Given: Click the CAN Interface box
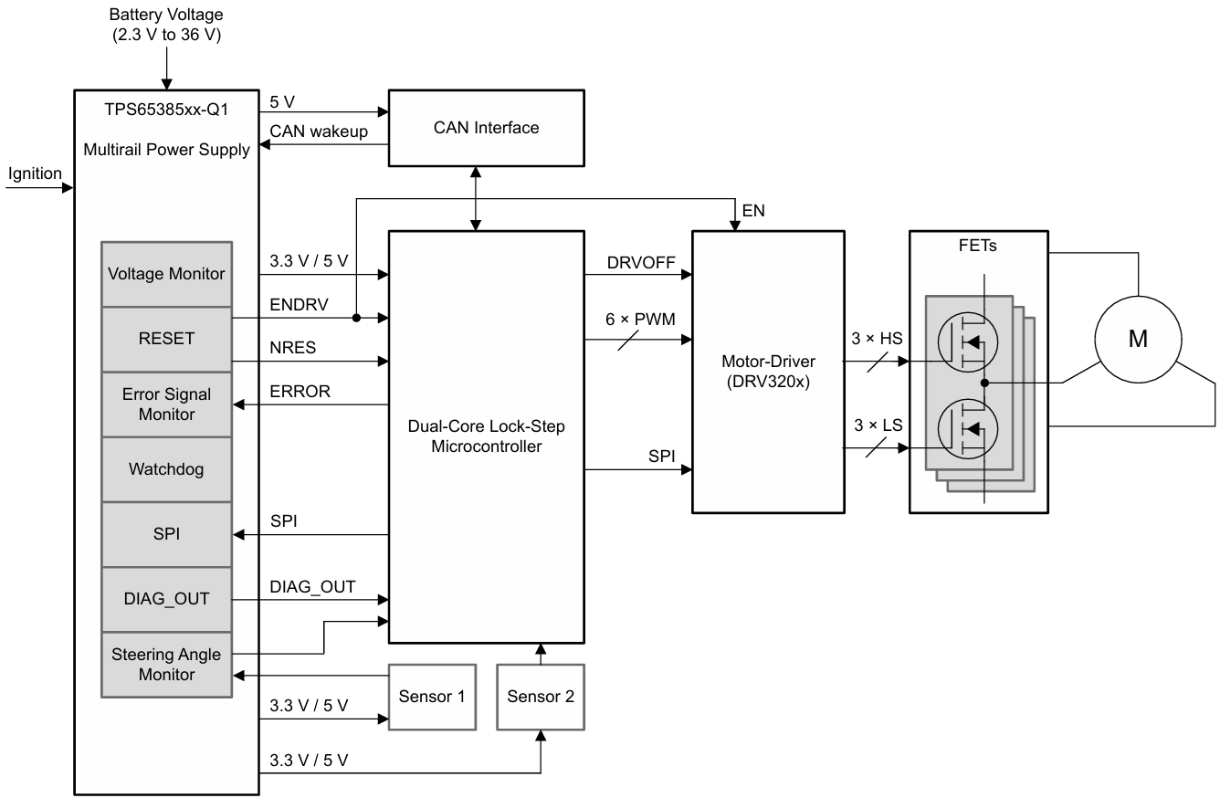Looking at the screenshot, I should coord(486,128).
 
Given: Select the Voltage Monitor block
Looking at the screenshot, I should coord(166,274).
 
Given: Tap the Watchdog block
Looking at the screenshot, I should coord(166,469).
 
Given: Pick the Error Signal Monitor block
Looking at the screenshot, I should coord(166,404).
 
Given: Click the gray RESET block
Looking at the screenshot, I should coord(166,339).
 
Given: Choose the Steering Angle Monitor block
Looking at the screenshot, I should coord(166,664).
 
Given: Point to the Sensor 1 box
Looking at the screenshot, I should coord(433,697).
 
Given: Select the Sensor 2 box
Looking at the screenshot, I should coord(541,697).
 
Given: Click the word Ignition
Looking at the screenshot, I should coord(35,173).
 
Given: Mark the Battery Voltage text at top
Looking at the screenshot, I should coord(165,16).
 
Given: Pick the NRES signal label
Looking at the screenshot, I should coord(292,349).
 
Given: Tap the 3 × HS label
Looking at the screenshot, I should coord(878,340).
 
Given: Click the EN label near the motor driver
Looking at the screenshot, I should coord(753,211).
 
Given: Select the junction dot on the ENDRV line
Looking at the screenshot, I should coord(355,319).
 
